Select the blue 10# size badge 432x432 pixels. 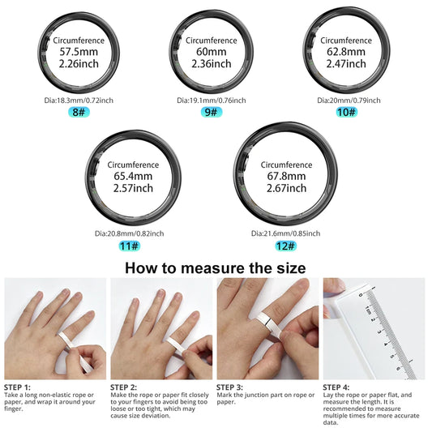tap(346, 112)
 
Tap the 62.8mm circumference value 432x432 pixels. tap(346, 52)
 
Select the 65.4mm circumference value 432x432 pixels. tap(131, 176)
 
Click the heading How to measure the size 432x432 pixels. tap(216, 267)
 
